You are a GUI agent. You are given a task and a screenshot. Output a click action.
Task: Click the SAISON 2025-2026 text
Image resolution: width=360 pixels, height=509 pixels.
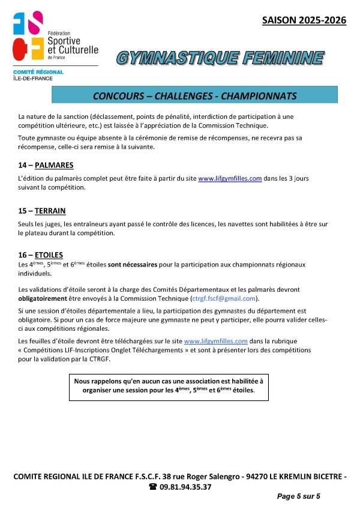coord(304,20)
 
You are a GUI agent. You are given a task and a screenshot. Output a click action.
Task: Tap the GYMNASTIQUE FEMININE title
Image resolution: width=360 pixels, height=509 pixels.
coord(220,58)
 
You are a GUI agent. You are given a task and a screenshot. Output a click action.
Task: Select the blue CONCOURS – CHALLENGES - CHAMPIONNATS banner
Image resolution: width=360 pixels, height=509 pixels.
coord(194,95)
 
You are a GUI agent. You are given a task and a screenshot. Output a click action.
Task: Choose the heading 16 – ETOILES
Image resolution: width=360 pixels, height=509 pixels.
coord(41,254)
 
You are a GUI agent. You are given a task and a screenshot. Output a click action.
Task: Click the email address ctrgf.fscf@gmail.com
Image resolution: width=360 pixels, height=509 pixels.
coord(224,298)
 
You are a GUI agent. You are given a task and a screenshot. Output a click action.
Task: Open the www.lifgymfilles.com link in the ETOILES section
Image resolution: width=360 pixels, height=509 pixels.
coord(215,341)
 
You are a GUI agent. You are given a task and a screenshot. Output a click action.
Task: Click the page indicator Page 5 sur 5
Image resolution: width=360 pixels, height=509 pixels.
coord(298,496)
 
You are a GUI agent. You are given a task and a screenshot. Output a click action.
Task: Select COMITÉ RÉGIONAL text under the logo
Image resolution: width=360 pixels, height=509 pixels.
coord(38,72)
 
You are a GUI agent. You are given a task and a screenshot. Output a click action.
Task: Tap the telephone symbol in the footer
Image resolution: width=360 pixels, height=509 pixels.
coord(152,487)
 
